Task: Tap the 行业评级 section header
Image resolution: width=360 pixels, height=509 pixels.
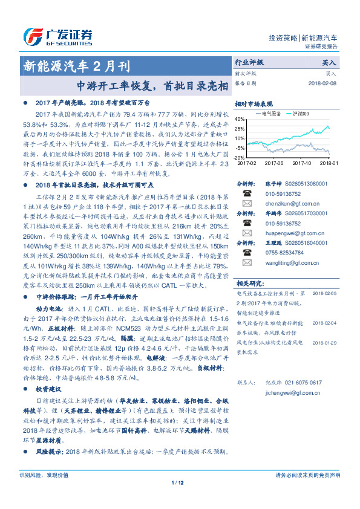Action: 249,62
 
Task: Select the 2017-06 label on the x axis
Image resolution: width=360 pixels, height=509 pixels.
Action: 275,163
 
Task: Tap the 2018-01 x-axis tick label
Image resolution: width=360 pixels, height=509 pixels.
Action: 329,163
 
